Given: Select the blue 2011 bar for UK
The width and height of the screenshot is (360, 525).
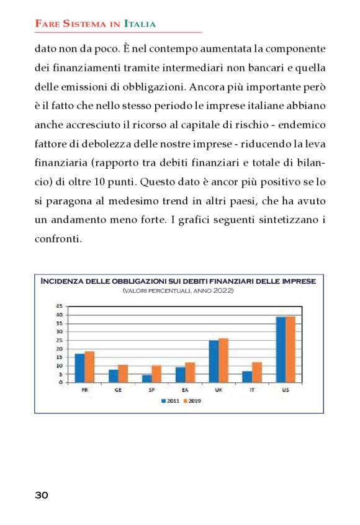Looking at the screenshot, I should pyautogui.click(x=214, y=361).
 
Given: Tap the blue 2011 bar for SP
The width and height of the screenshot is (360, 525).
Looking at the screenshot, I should pyautogui.click(x=146, y=379).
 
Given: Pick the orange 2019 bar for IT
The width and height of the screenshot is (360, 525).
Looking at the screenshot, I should pyautogui.click(x=257, y=372).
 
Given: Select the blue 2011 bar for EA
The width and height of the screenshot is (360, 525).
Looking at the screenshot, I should pyautogui.click(x=180, y=374).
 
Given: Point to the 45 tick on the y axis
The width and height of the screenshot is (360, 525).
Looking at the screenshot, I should pyautogui.click(x=59, y=307).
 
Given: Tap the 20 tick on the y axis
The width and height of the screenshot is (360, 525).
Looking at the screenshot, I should pyautogui.click(x=59, y=349).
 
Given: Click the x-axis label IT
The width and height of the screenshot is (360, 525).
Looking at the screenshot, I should pyautogui.click(x=252, y=390).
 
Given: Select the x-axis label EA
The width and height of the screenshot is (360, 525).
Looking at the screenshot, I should pyautogui.click(x=185, y=390).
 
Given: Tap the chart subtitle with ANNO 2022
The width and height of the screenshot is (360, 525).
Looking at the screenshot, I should pyautogui.click(x=178, y=290).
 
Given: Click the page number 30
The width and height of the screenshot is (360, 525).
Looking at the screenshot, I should pyautogui.click(x=41, y=495).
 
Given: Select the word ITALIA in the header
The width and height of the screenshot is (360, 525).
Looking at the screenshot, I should pyautogui.click(x=140, y=24).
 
